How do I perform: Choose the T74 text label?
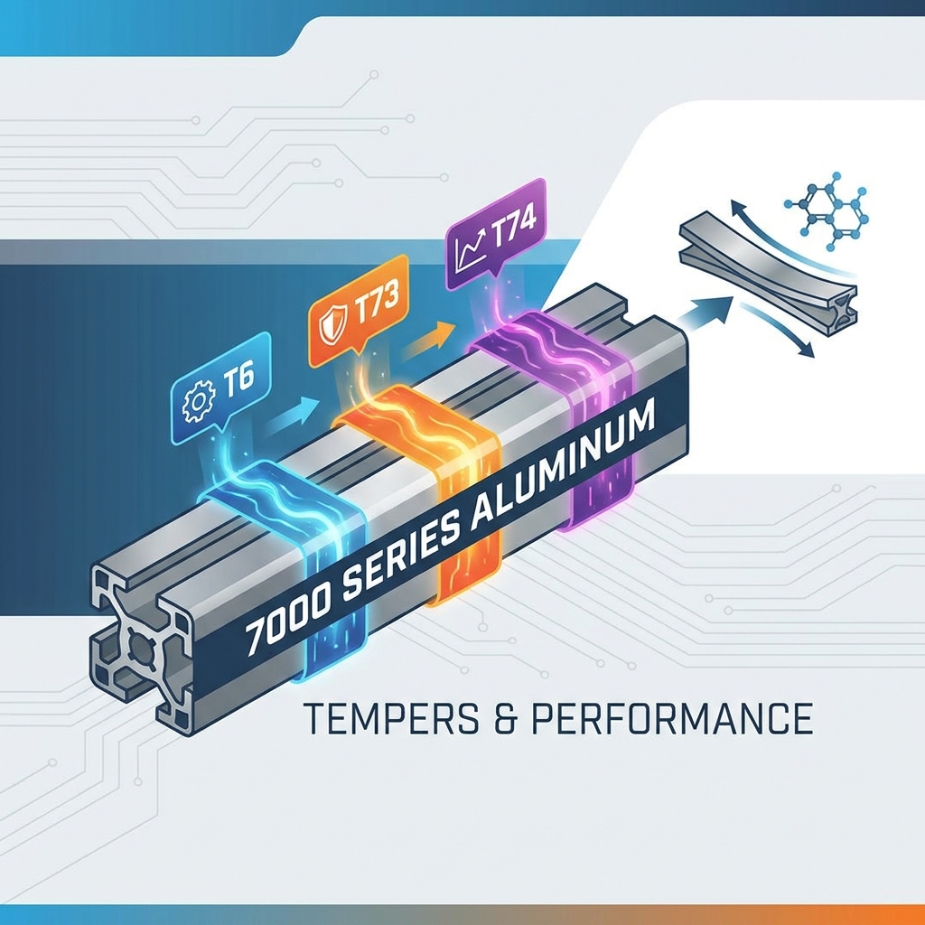512,225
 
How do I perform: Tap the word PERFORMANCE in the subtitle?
672,718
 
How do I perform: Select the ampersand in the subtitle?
504,718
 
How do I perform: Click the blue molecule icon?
827,210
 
